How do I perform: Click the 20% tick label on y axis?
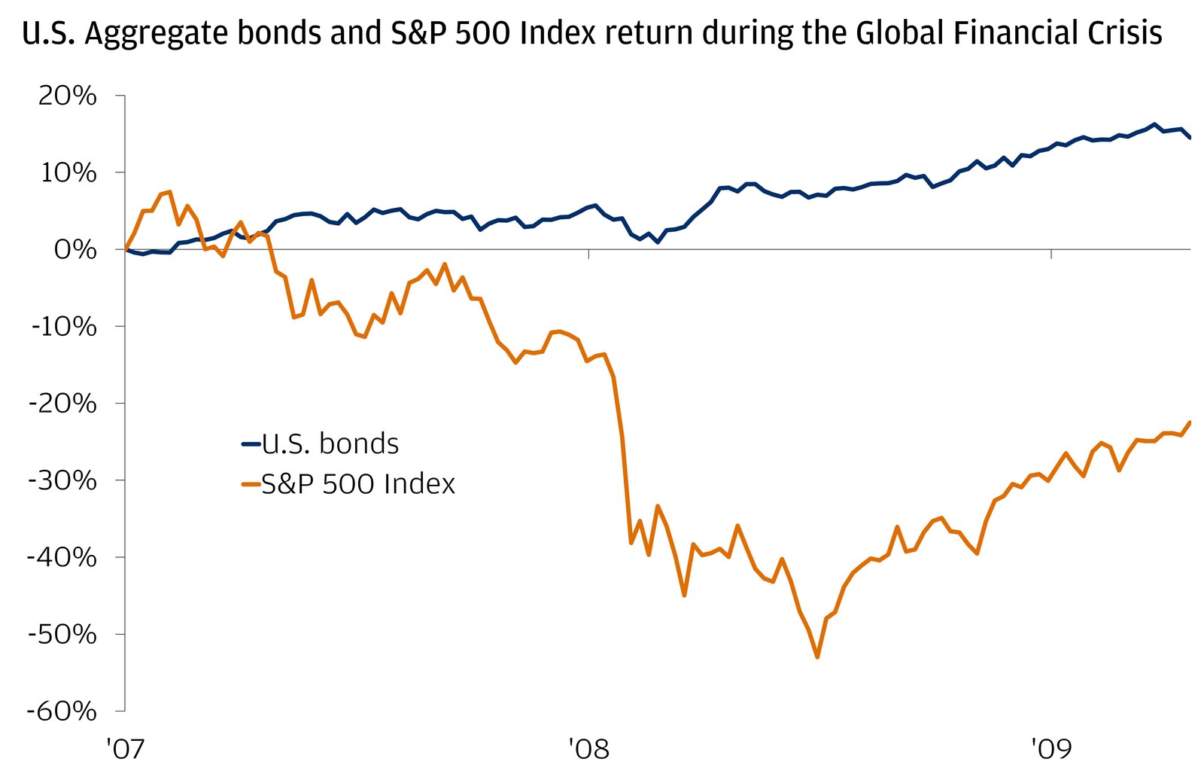(68, 96)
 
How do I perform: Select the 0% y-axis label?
(75, 250)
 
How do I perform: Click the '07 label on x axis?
(125, 749)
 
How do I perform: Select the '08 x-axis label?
(588, 749)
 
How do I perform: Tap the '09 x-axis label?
(1050, 749)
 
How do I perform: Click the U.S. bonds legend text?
(330, 443)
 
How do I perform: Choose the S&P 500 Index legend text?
(358, 483)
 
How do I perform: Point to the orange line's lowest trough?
(817, 657)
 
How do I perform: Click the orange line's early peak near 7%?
(170, 192)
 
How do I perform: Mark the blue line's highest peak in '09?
(1154, 124)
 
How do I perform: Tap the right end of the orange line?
(1190, 422)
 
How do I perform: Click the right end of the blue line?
(1190, 138)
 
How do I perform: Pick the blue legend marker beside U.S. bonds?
(250, 444)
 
